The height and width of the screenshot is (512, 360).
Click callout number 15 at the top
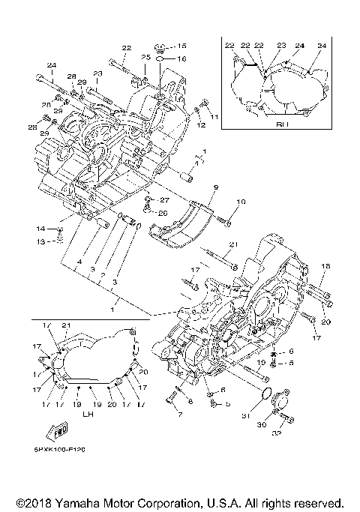pyautogui.click(x=182, y=46)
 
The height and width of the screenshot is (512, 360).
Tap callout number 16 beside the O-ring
pyautogui.click(x=182, y=58)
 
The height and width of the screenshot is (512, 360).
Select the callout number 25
pyautogui.click(x=145, y=58)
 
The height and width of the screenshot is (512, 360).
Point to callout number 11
pyautogui.click(x=214, y=118)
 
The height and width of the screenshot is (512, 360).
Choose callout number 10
pyautogui.click(x=241, y=202)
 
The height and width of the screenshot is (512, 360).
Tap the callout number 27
pyautogui.click(x=165, y=200)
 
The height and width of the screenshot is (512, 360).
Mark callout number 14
pyautogui.click(x=41, y=227)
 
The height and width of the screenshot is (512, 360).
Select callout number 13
pyautogui.click(x=42, y=241)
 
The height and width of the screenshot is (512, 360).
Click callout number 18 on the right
pyautogui.click(x=325, y=266)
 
